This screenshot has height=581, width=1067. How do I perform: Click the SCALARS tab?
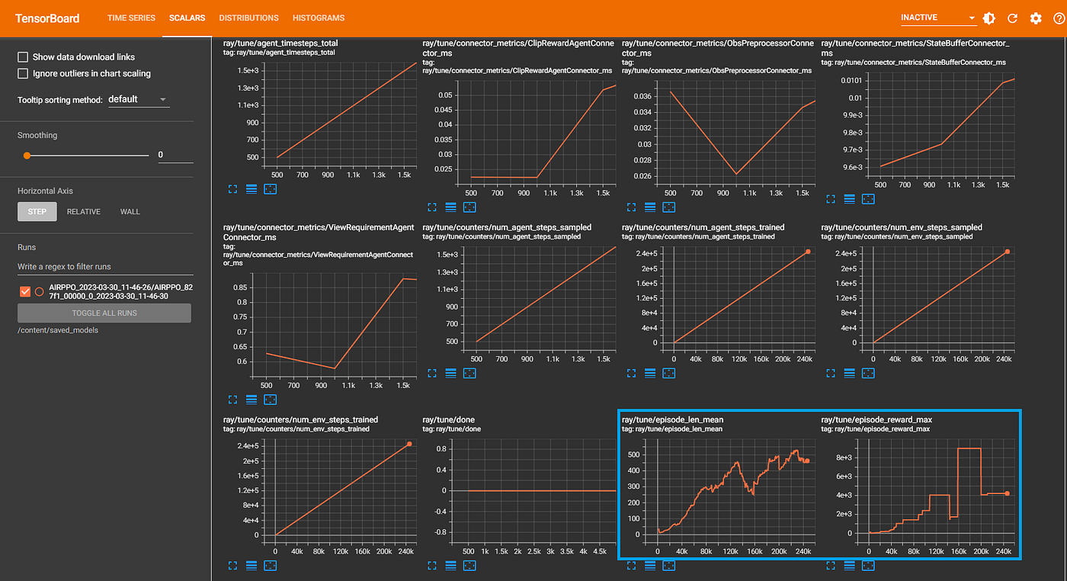click(187, 18)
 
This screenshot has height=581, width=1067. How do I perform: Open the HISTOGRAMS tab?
click(319, 18)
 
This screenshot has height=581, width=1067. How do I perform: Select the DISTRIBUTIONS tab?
click(248, 18)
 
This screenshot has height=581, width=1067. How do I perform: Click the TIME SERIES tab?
click(131, 18)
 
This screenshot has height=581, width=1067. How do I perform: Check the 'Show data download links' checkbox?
click(23, 57)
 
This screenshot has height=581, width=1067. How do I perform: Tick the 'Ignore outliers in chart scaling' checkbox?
click(23, 73)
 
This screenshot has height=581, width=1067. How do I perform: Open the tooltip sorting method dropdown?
click(139, 100)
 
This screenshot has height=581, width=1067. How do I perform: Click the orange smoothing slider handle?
click(27, 156)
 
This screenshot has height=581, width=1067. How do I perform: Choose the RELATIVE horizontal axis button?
click(83, 212)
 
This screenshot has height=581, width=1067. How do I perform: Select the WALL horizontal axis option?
click(130, 212)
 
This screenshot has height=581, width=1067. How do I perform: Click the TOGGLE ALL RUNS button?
click(104, 313)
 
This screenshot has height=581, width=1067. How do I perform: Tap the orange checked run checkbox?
click(24, 292)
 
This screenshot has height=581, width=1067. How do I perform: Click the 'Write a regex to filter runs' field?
click(105, 267)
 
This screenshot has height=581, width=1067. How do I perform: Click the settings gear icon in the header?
click(1036, 18)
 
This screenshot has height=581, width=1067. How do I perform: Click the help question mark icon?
click(1059, 18)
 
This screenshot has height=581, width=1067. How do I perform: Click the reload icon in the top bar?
click(1012, 18)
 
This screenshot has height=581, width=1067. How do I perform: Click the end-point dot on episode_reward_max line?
click(1007, 494)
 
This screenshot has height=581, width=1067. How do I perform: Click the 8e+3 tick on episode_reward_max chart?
click(844, 457)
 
